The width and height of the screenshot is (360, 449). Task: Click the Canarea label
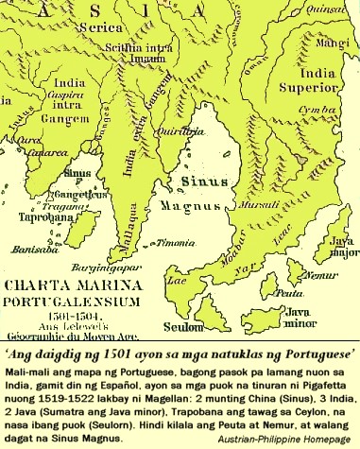[x=26, y=152]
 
